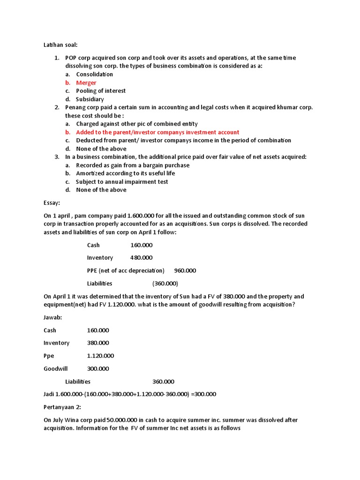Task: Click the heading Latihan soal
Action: pos(60,45)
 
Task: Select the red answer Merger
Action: pos(86,82)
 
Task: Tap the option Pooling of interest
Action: pos(101,91)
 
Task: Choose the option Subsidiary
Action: pos(90,99)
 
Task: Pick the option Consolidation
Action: pos(94,75)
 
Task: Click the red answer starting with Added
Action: pos(157,132)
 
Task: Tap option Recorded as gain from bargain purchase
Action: pos(133,165)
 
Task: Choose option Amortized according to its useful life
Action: pos(125,173)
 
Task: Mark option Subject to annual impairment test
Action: pos(122,182)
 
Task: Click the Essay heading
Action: pos(52,203)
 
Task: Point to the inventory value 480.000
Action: pos(141,258)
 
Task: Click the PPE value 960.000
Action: pos(185,270)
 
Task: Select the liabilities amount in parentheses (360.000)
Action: pos(165,284)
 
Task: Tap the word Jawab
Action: pos(52,317)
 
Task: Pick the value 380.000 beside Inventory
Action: pos(98,343)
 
